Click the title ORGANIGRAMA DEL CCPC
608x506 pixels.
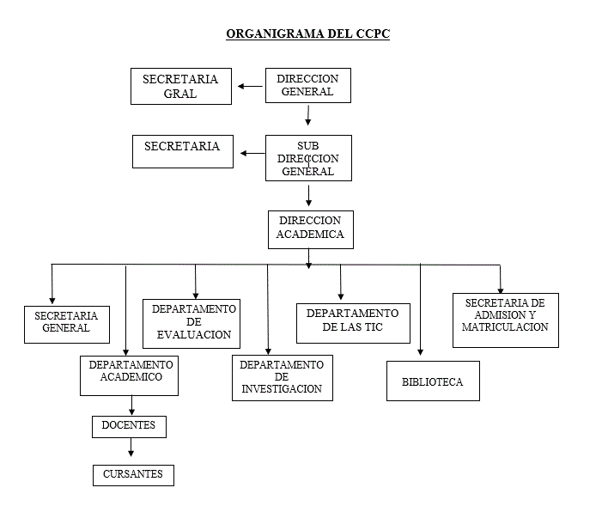coord(307,34)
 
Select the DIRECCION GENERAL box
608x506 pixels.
coord(308,85)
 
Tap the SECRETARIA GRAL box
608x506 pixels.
coord(180,86)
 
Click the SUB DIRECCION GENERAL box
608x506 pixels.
coord(308,158)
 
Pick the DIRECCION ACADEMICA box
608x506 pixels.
coord(310,228)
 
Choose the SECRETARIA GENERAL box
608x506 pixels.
coord(66,322)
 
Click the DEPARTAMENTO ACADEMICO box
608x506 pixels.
coord(130,375)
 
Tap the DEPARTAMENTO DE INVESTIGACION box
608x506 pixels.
coord(282,377)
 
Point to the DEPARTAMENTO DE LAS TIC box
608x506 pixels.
coord(353,321)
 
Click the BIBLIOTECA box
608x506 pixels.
coord(432,381)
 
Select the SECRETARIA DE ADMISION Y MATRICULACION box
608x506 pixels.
coord(505,320)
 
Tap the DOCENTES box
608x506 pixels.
coord(129,425)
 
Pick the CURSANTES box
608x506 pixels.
coord(133,474)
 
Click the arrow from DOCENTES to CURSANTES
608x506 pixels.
coord(131,448)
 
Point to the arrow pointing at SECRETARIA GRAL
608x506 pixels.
coord(250,86)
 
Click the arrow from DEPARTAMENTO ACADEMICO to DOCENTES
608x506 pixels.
coord(131,405)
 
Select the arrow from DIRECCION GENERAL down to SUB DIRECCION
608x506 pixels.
coord(308,115)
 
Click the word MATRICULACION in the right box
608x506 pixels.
coord(505,327)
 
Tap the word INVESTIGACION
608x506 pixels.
coord(282,389)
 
